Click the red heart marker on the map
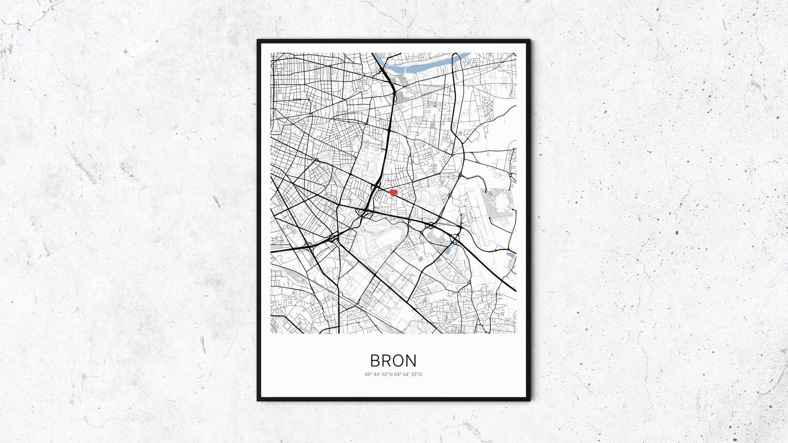[x=393, y=193]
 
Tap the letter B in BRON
[x=376, y=361]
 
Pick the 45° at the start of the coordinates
[x=367, y=374]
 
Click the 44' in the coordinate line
[x=376, y=374]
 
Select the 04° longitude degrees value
[x=396, y=374]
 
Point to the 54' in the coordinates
[x=405, y=374]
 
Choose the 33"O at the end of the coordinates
[x=416, y=374]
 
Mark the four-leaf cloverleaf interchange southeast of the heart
[x=431, y=225]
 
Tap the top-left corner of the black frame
[x=258, y=41]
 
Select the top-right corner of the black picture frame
[x=529, y=41]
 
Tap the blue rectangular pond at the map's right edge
[x=510, y=255]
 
